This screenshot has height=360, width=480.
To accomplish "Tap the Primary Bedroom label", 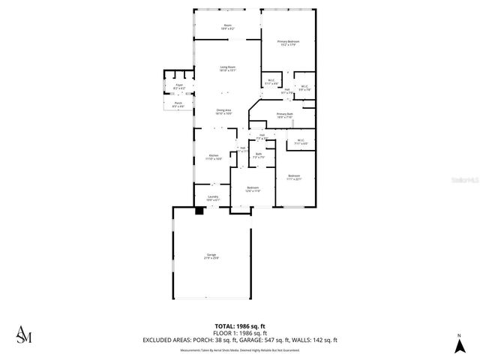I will click(x=289, y=43).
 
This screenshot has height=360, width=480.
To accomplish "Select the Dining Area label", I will click(x=223, y=112).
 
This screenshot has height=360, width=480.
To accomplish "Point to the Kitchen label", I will click(x=214, y=157).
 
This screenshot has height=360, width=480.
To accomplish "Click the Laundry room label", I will click(x=213, y=198).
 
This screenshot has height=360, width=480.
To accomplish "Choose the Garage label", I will click(x=211, y=257).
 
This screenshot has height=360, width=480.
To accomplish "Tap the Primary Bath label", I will click(x=285, y=115).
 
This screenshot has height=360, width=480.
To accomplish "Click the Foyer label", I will click(x=179, y=87).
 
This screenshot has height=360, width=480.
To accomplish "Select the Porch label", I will click(x=178, y=105).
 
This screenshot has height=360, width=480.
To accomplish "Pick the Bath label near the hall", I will click(x=258, y=155).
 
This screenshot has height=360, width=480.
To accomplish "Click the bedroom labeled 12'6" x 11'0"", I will click(x=253, y=189).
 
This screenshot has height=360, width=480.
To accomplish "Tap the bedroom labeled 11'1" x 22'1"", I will click(x=293, y=178).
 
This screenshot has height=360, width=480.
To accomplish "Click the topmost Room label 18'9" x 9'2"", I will click(x=228, y=27).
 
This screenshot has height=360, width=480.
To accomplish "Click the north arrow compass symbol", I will click(x=458, y=346).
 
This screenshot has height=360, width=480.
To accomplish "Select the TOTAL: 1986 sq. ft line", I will click(x=239, y=326).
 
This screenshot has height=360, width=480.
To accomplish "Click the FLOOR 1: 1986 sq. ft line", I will click(x=239, y=333).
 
